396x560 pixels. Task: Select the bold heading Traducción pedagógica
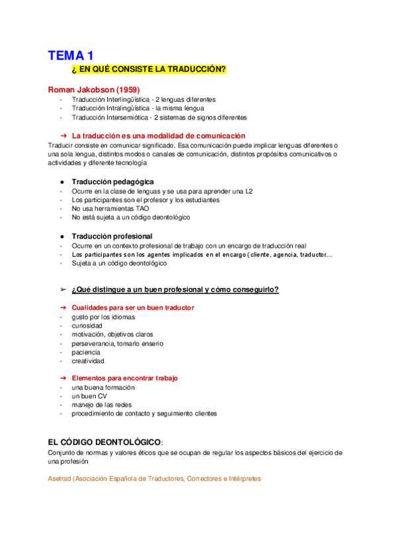pos(113,181)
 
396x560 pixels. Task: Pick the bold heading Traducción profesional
pos(112,236)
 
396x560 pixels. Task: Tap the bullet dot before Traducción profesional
pos(61,236)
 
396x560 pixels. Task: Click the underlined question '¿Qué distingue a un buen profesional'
pos(175,289)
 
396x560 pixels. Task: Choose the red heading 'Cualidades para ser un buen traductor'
pos(133,308)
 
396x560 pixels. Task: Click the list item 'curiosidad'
pos(87,326)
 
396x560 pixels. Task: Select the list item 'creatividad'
pos(88,361)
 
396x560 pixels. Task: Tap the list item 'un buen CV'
pos(89,396)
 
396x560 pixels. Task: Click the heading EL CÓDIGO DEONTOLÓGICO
pos(104,441)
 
